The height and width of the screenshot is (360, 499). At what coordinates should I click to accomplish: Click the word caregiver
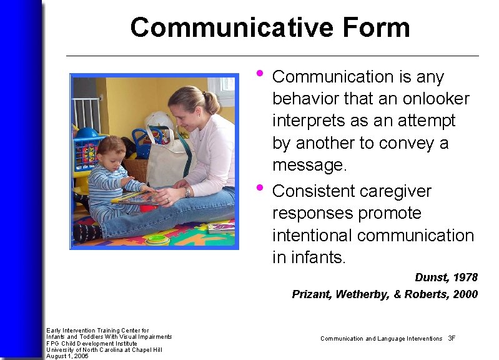coord(397,191)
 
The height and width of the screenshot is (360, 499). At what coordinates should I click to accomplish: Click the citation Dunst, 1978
coord(446,277)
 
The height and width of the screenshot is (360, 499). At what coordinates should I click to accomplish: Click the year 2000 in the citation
coord(465,294)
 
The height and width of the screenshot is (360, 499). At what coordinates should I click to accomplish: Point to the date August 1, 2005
coord(67,356)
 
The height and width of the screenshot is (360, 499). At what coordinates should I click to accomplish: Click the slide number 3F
coord(452,339)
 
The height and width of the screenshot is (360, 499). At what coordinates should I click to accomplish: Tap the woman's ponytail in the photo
coord(212,101)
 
